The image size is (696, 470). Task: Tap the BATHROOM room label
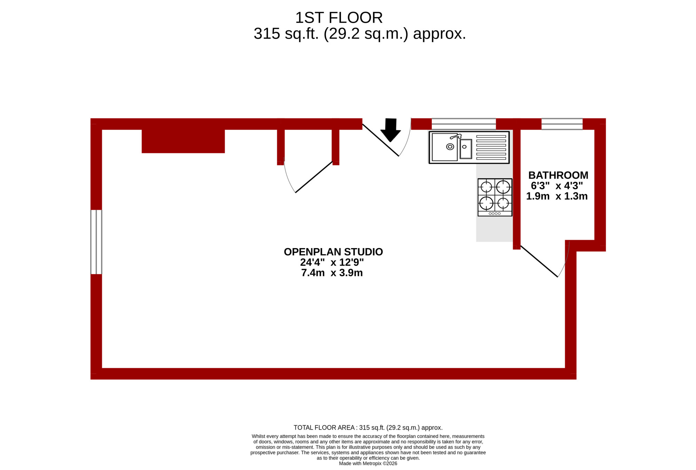(x=558, y=175)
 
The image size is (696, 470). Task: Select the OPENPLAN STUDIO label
(x=333, y=252)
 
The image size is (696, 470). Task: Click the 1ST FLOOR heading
(x=339, y=17)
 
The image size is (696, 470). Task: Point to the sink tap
(x=456, y=136)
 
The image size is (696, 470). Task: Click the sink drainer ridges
(x=491, y=147)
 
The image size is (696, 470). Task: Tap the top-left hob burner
(x=486, y=187)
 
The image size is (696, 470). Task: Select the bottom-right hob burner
(x=503, y=202)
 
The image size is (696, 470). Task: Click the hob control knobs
(x=495, y=214)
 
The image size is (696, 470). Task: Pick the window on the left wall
(x=96, y=242)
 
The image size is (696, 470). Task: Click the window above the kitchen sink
(x=464, y=124)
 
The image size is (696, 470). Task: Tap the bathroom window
(x=562, y=124)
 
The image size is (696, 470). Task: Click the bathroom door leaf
(x=539, y=261)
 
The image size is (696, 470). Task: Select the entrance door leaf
(x=381, y=140)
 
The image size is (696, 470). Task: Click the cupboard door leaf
(x=314, y=177)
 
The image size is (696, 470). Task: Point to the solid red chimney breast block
(x=183, y=141)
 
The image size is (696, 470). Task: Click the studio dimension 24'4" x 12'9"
(x=332, y=262)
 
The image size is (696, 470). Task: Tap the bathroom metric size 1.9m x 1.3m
(x=557, y=196)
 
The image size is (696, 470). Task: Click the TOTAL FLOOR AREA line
(x=368, y=427)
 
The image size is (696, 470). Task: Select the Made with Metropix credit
(x=368, y=463)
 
